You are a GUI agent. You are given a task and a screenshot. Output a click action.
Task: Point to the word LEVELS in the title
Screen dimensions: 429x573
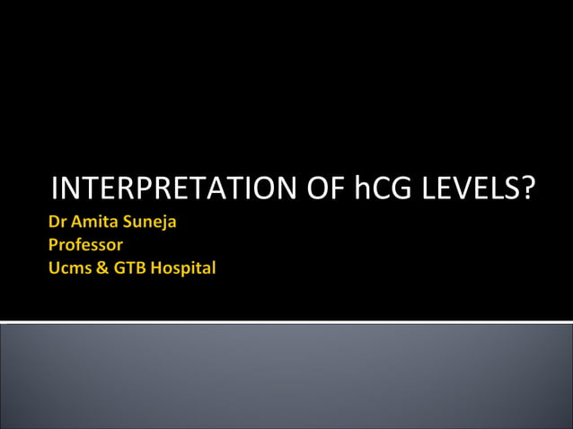[464, 188]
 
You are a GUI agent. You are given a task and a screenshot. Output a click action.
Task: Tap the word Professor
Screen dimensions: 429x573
[86, 245]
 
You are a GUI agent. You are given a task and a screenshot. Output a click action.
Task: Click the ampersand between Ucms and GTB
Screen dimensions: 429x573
[101, 267]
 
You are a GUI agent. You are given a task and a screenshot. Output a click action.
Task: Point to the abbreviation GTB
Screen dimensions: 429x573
[127, 267]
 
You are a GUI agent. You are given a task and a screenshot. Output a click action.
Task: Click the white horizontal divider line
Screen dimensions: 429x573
[286, 321]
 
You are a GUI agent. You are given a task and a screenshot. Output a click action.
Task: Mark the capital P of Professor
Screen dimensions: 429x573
[54, 245]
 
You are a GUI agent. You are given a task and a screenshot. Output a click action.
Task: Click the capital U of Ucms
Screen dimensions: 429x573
[54, 267]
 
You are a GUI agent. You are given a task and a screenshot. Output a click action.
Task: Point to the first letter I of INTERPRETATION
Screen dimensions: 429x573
[56, 188]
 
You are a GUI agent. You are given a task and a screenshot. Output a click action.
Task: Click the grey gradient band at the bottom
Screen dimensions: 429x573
[286, 377]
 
